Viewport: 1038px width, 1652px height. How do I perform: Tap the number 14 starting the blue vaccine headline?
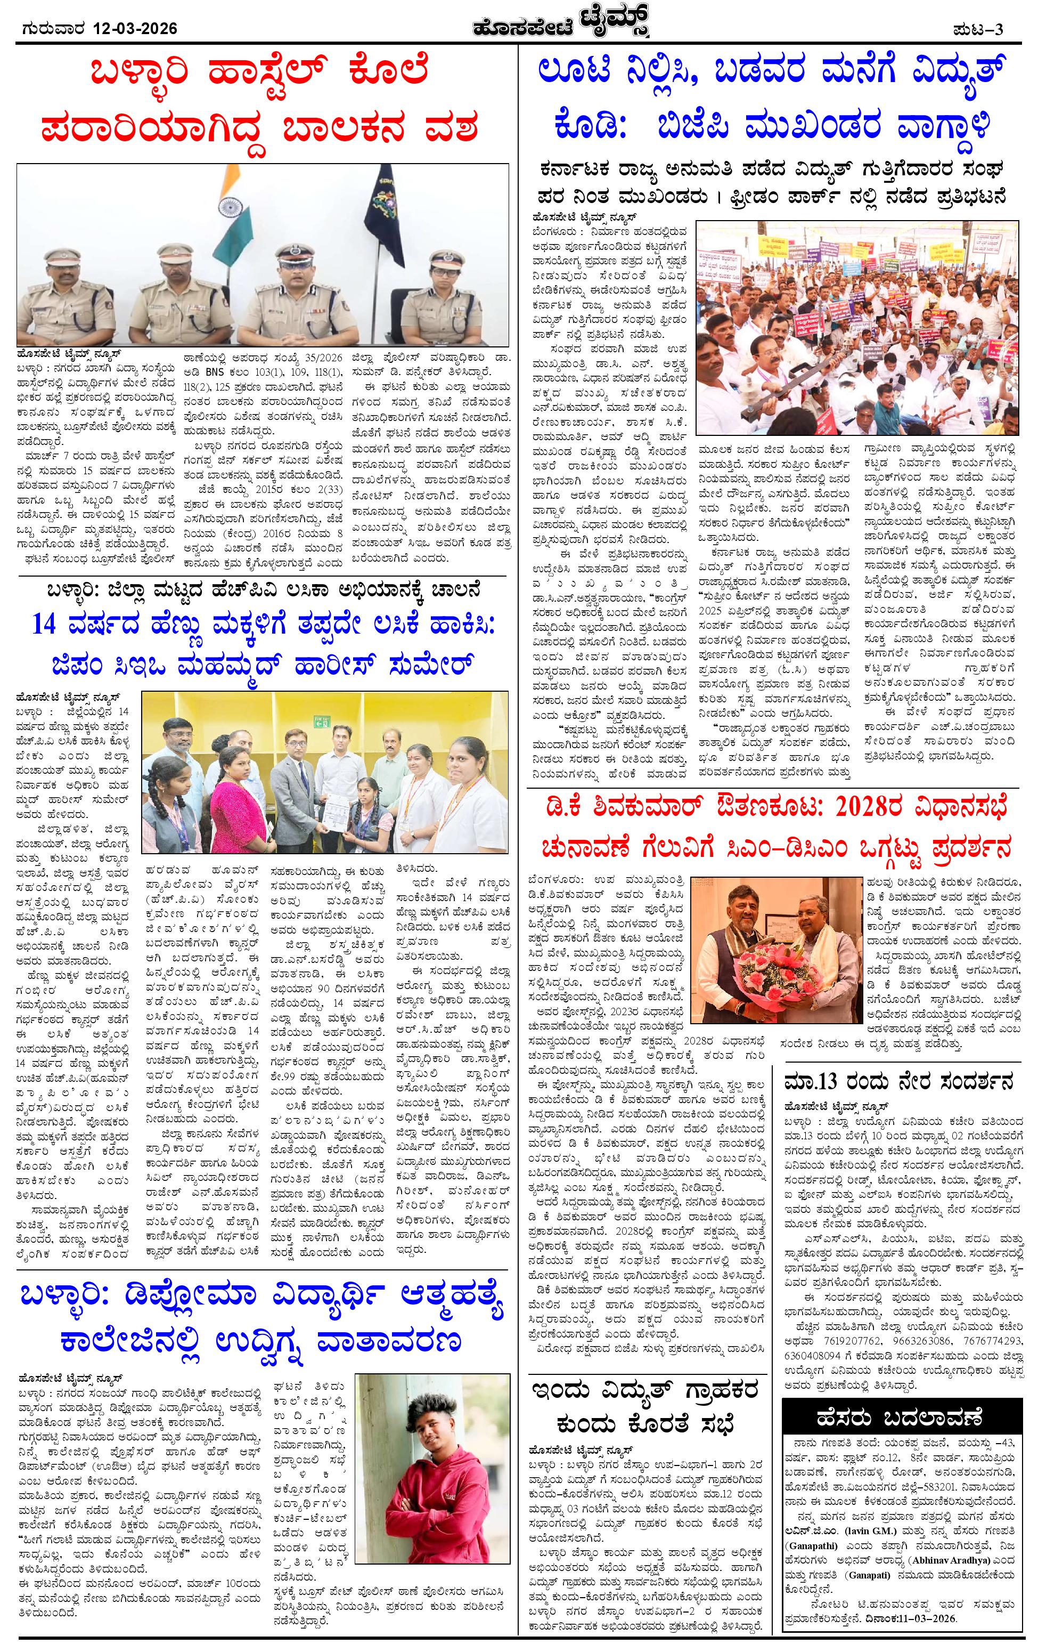coord(48,623)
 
